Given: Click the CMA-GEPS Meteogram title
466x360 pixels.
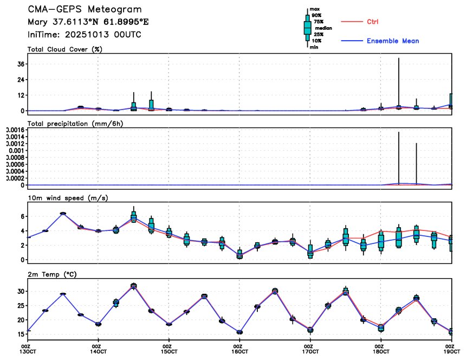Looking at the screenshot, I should (x=85, y=10).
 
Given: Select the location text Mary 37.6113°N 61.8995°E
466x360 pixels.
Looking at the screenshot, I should (x=88, y=22).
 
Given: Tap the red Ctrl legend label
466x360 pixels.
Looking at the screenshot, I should (x=372, y=22).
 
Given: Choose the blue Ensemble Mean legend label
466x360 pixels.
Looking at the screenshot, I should (x=392, y=41).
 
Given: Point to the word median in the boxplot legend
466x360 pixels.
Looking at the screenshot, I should (x=323, y=28).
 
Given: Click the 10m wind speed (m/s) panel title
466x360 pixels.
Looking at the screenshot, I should (x=68, y=198).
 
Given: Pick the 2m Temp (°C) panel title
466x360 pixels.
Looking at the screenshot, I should (x=52, y=273).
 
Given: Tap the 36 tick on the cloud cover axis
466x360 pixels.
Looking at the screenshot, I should (x=19, y=64).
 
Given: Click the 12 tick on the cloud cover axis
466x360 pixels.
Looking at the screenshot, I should (x=19, y=95).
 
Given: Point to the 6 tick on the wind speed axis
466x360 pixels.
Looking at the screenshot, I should (x=21, y=216).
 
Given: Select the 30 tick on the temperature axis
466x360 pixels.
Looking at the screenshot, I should (x=19, y=292).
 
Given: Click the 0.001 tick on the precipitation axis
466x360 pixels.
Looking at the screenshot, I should (x=12, y=150).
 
